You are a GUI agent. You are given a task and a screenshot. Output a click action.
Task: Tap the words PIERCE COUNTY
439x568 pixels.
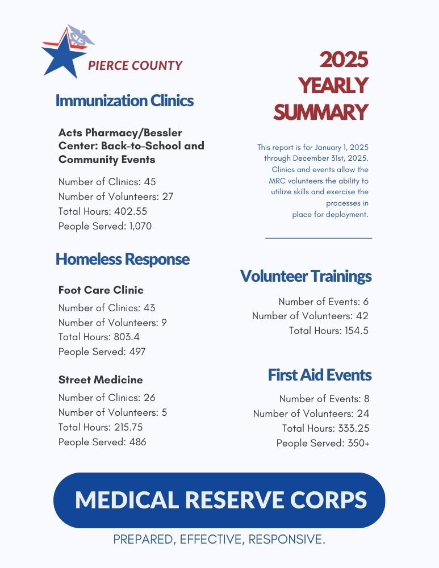click(x=135, y=65)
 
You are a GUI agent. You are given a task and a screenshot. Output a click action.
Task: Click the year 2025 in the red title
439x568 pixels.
click(x=344, y=59)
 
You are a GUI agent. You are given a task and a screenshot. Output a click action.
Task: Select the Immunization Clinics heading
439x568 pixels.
click(x=124, y=101)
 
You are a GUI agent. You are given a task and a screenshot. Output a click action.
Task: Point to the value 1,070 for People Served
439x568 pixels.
click(x=140, y=226)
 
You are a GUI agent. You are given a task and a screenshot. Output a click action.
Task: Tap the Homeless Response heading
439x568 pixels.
click(x=123, y=260)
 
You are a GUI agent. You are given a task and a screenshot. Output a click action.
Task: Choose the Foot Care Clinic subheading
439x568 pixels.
click(x=101, y=290)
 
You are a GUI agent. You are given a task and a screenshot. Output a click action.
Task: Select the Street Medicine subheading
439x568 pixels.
click(x=101, y=380)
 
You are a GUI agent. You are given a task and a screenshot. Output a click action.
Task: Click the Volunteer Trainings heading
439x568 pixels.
click(x=306, y=277)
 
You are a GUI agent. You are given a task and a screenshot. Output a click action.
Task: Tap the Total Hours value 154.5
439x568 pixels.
click(x=356, y=331)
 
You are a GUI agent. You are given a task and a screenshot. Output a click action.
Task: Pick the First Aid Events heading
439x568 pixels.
click(x=319, y=375)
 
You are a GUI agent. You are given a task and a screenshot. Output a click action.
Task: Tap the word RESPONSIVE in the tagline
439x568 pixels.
click(x=287, y=539)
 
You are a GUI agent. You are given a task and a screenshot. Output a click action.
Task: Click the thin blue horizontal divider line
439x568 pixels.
click(x=318, y=238)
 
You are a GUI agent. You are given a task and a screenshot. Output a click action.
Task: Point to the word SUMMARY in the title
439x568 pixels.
click(x=320, y=112)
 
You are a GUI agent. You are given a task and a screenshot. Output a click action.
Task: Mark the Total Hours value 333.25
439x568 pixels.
click(x=352, y=428)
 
